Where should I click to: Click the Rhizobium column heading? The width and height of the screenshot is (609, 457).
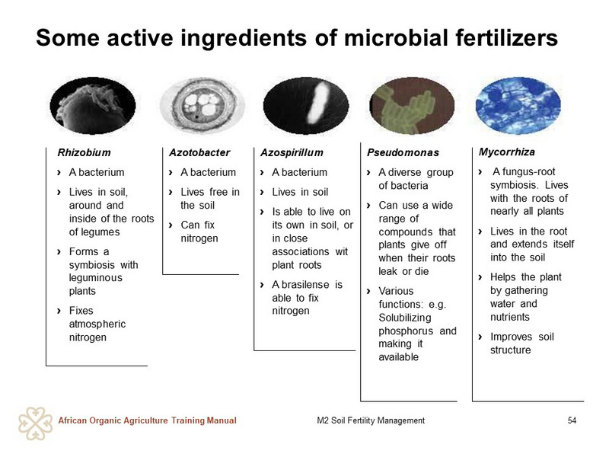(84, 152)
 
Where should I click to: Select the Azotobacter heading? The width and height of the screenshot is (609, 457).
(199, 152)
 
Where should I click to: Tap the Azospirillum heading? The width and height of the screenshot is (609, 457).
(292, 152)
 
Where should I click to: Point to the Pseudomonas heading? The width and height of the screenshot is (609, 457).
(403, 152)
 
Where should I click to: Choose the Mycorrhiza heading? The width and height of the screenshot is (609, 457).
(506, 152)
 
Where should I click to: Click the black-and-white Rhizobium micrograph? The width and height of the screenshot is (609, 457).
(93, 106)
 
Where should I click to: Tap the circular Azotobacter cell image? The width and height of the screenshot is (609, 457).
(202, 105)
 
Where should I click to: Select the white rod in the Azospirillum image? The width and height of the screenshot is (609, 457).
(319, 102)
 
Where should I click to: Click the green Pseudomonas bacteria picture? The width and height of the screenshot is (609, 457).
(412, 105)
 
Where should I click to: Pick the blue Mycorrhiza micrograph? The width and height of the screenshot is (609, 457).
(518, 105)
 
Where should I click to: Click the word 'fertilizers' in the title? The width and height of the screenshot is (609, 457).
(506, 37)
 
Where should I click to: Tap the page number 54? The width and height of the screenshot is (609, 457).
(572, 420)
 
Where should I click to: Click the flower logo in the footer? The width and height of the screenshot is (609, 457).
(35, 423)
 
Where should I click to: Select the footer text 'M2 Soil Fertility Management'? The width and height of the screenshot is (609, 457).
(371, 420)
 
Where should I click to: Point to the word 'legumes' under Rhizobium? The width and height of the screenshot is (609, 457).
(94, 232)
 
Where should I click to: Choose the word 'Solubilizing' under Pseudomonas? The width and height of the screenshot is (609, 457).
(405, 318)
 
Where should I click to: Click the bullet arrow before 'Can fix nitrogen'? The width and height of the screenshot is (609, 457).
(171, 225)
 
